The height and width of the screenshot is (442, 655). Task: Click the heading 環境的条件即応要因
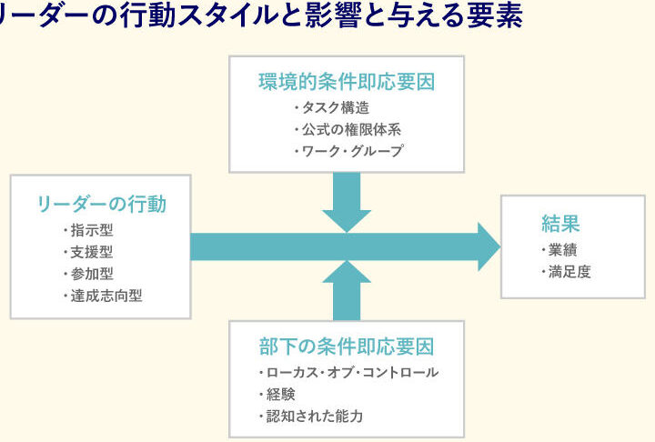[x=346, y=83]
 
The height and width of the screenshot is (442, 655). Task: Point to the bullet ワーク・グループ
[x=350, y=152]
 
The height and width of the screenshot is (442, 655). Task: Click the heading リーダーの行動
[x=101, y=205]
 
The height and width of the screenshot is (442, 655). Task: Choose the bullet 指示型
[x=90, y=230]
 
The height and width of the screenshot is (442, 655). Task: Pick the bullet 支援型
[x=90, y=252]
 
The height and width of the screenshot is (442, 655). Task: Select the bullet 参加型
[x=90, y=274]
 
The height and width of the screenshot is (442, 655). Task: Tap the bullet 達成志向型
[x=106, y=296]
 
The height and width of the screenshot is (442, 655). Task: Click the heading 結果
[x=560, y=224]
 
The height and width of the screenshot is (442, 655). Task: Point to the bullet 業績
[x=559, y=249]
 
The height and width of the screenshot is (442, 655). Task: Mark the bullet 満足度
[x=567, y=271]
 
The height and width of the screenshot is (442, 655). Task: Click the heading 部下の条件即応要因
[x=346, y=347]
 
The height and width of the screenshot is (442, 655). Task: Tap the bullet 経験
[x=277, y=394]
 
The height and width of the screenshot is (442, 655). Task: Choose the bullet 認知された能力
[x=315, y=416]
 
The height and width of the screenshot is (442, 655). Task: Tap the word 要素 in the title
[x=498, y=17]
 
